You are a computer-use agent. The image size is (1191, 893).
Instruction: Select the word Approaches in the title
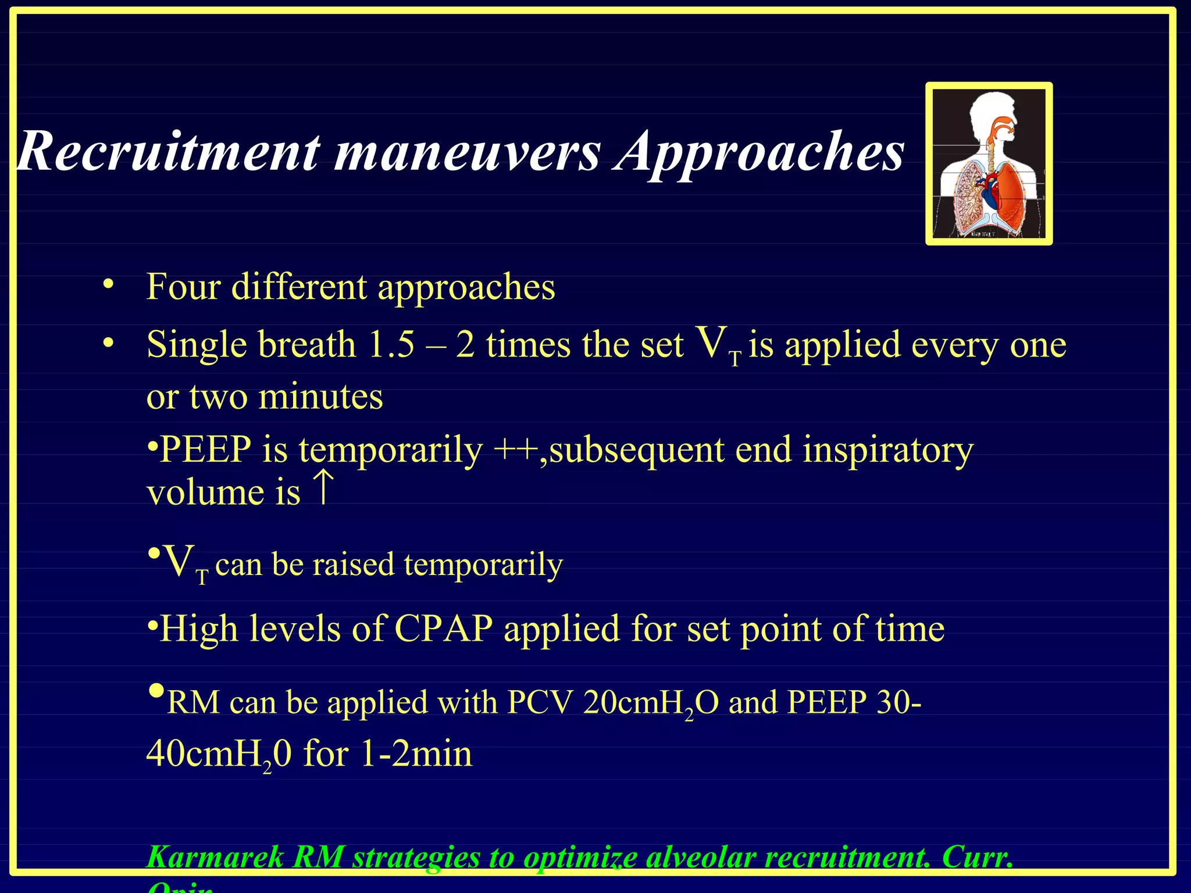pyautogui.click(x=759, y=152)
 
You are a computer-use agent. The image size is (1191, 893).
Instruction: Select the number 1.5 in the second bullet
pyautogui.click(x=391, y=344)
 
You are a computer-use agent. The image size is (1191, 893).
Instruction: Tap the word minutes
pyautogui.click(x=320, y=397)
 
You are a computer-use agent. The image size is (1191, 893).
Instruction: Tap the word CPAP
pyautogui.click(x=443, y=629)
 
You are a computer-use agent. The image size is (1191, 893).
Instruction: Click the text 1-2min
pyautogui.click(x=416, y=754)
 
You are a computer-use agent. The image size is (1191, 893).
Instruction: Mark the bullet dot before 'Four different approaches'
pyautogui.click(x=108, y=285)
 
